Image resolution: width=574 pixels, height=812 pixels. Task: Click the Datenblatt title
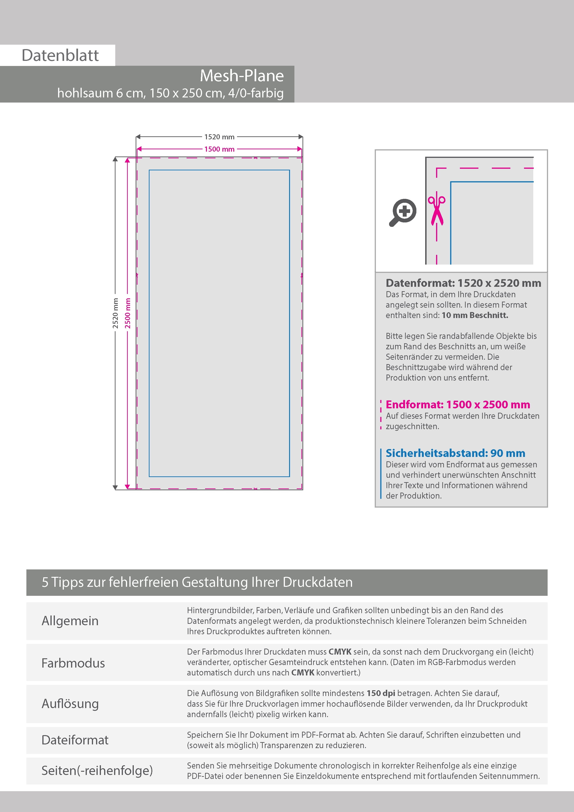(60, 56)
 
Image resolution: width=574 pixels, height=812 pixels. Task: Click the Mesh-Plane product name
(242, 76)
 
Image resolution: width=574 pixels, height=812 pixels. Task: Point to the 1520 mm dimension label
(219, 137)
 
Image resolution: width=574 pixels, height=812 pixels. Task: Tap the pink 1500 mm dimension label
(219, 149)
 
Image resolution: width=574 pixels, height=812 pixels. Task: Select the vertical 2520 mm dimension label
(115, 313)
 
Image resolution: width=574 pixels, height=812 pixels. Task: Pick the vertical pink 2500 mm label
(128, 313)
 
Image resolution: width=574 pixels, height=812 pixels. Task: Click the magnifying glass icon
(403, 212)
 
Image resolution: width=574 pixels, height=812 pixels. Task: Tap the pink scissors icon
(437, 210)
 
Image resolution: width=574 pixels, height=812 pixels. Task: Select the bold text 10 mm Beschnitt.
(475, 315)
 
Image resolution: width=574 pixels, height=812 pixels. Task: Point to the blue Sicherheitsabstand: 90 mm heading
(455, 453)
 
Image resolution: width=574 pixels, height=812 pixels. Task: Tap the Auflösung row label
(70, 704)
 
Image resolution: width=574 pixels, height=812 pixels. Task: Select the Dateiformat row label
(75, 740)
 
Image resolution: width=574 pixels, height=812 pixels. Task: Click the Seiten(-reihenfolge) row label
(97, 770)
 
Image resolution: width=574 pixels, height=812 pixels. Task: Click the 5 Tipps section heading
(197, 582)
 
